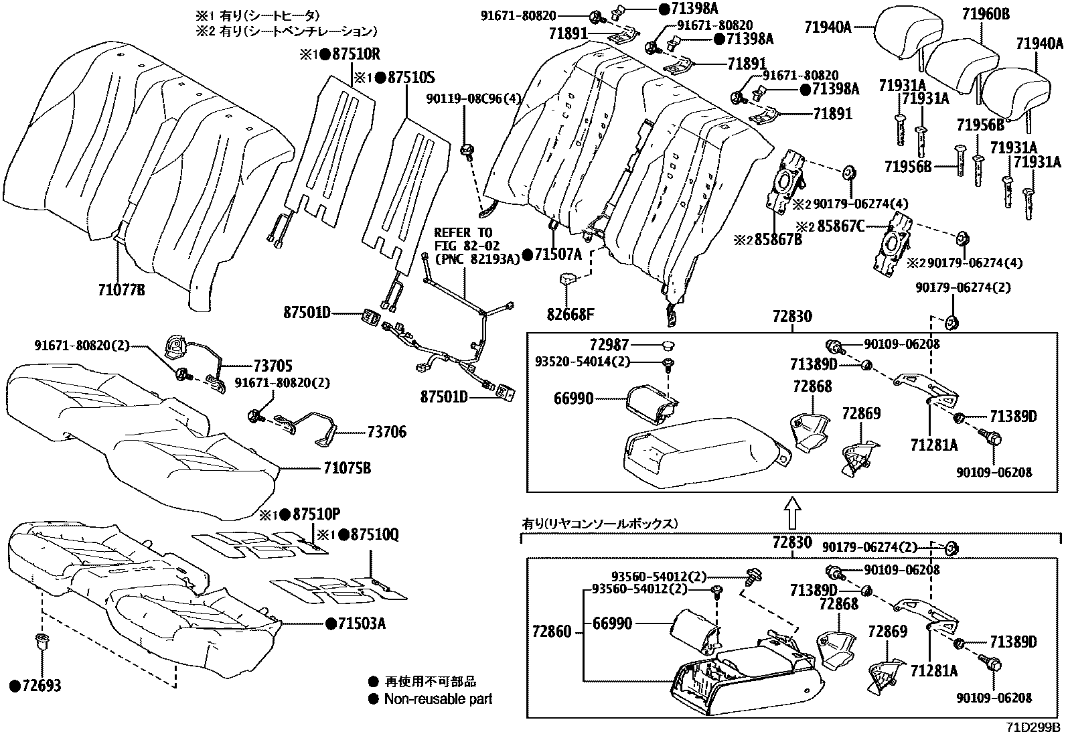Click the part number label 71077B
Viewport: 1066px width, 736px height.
(x=121, y=291)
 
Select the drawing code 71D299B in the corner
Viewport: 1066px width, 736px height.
(x=1033, y=727)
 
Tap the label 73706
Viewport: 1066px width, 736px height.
(x=386, y=433)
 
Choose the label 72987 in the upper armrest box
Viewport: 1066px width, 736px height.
(x=609, y=345)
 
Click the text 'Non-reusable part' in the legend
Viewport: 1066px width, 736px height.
(x=438, y=699)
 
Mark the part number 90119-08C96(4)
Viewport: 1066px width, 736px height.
(x=472, y=98)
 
